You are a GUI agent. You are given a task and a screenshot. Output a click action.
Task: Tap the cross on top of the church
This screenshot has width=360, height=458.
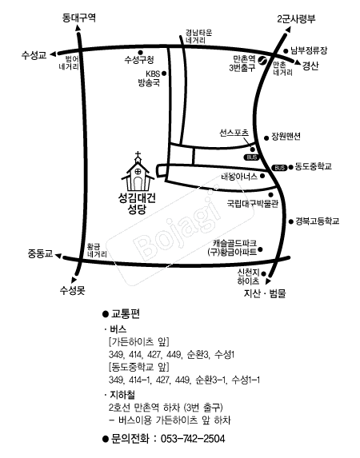[138, 154]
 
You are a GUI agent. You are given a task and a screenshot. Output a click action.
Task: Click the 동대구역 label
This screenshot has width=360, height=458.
[79, 18]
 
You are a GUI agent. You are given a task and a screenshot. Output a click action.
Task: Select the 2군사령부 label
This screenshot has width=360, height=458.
[296, 19]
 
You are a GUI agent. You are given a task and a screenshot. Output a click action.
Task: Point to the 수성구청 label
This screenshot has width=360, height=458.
[139, 60]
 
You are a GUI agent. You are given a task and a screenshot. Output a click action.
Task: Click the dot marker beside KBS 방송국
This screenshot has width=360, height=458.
[164, 74]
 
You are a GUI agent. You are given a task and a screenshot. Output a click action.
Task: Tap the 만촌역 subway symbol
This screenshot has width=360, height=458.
[262, 61]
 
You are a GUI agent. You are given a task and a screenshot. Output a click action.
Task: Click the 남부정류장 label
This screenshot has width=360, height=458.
[309, 51]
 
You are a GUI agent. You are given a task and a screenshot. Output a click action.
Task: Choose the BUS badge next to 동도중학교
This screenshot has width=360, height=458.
[279, 168]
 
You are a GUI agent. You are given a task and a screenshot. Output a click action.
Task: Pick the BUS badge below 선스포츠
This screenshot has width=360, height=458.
[252, 157]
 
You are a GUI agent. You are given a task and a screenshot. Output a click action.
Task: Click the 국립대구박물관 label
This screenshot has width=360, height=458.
[252, 204]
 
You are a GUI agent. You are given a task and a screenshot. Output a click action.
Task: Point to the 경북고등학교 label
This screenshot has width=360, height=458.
[318, 221]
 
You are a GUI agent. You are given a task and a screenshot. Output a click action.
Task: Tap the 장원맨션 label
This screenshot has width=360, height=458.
[286, 137]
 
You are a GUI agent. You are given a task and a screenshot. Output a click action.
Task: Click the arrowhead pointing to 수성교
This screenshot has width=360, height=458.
[54, 54]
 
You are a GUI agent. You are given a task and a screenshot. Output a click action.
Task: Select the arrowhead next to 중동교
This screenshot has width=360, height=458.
[58, 256]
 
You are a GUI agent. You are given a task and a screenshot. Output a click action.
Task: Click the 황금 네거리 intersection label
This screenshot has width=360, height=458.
[97, 251]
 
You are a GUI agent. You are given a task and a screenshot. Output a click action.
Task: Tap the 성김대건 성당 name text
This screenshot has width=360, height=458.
[137, 204]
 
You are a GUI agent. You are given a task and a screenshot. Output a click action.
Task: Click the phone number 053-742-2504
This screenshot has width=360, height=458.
[193, 439]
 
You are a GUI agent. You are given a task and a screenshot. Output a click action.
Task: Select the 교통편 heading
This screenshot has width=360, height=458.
[125, 313]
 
